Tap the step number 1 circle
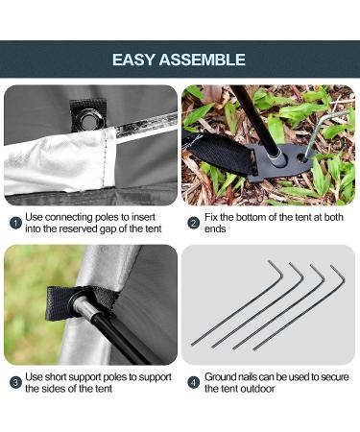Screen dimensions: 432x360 pos(14,223)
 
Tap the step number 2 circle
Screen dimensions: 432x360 pos(193,223)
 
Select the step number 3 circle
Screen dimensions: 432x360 pos(14,382)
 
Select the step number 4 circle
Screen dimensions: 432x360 pos(193,382)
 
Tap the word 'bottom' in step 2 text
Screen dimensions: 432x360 pos(251,218)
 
